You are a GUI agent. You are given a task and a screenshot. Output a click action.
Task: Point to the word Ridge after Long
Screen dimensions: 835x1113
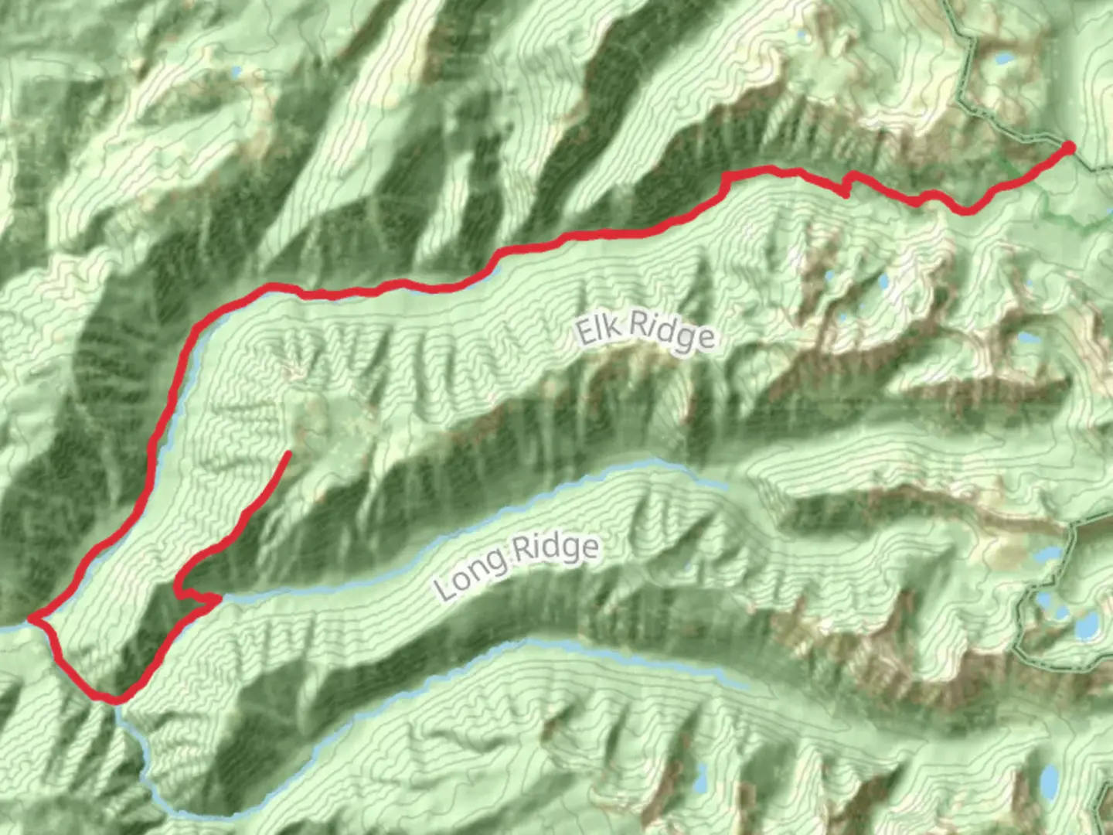click(555, 549)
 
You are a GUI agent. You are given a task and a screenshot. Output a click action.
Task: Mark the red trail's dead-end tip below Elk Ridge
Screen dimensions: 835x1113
click(289, 453)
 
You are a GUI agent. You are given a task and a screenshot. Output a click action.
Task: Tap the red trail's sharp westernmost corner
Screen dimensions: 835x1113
click(32, 619)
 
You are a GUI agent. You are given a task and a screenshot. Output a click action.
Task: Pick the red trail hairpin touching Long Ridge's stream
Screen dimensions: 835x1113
click(218, 597)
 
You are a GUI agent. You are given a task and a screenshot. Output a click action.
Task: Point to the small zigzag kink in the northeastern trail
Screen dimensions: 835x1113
click(847, 184)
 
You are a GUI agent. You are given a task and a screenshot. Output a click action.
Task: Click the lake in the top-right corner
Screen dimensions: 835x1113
click(1005, 59)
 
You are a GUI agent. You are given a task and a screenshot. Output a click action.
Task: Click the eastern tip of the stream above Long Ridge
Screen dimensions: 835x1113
click(725, 487)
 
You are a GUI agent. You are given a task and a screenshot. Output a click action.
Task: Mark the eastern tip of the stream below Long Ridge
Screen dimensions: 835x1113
click(747, 687)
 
